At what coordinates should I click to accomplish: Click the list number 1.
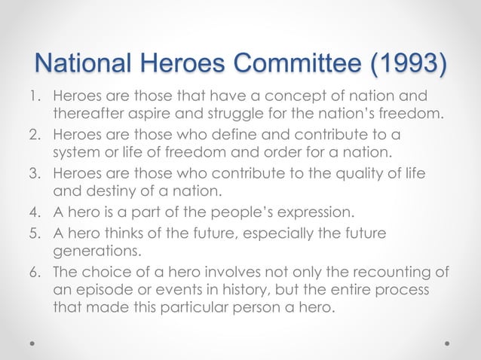(x=34, y=98)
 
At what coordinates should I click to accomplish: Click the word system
(x=77, y=153)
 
